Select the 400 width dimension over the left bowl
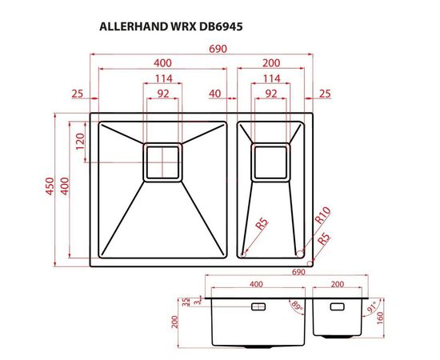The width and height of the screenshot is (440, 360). (x=163, y=63)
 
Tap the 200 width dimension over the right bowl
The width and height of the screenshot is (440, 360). (x=271, y=63)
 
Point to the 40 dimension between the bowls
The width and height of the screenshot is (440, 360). (x=214, y=94)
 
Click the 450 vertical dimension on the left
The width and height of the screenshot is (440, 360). (x=50, y=189)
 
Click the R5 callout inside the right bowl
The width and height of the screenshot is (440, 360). (x=261, y=226)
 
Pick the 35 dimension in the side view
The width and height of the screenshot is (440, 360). (x=186, y=301)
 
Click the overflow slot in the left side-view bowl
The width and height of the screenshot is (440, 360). (x=260, y=307)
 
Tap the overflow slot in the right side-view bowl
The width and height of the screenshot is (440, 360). (x=336, y=307)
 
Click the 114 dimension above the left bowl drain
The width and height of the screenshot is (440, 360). (x=163, y=78)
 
